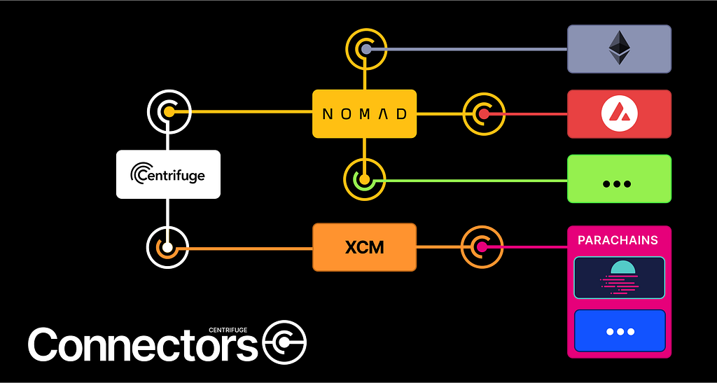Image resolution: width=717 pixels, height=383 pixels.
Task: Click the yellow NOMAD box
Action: coord(364,113)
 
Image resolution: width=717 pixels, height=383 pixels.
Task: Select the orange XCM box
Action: coord(364,247)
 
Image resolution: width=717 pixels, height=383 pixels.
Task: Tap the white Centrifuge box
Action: coord(168,174)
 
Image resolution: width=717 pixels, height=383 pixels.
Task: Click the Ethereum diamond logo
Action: coord(619,48)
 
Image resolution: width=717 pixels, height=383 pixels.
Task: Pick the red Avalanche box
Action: coord(619,113)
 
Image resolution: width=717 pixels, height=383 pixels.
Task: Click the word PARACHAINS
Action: coord(618,240)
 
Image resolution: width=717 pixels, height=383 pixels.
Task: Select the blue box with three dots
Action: coord(619,331)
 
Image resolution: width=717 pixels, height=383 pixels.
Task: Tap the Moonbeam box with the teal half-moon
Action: coord(619,277)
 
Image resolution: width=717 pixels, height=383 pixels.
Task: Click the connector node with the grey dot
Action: coord(366,49)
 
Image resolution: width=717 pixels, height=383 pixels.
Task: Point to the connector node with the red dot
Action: coord(483,113)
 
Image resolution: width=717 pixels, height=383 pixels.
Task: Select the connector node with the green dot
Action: coord(364,179)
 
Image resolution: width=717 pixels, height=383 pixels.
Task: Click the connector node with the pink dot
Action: coord(482,247)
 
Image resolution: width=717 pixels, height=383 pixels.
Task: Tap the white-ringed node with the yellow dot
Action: coord(168,111)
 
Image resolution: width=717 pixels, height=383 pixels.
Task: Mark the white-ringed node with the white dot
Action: coord(168,247)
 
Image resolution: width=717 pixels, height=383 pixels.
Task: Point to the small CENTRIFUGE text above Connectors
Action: coord(229,330)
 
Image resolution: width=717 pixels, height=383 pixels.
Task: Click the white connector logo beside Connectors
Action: coord(284,342)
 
